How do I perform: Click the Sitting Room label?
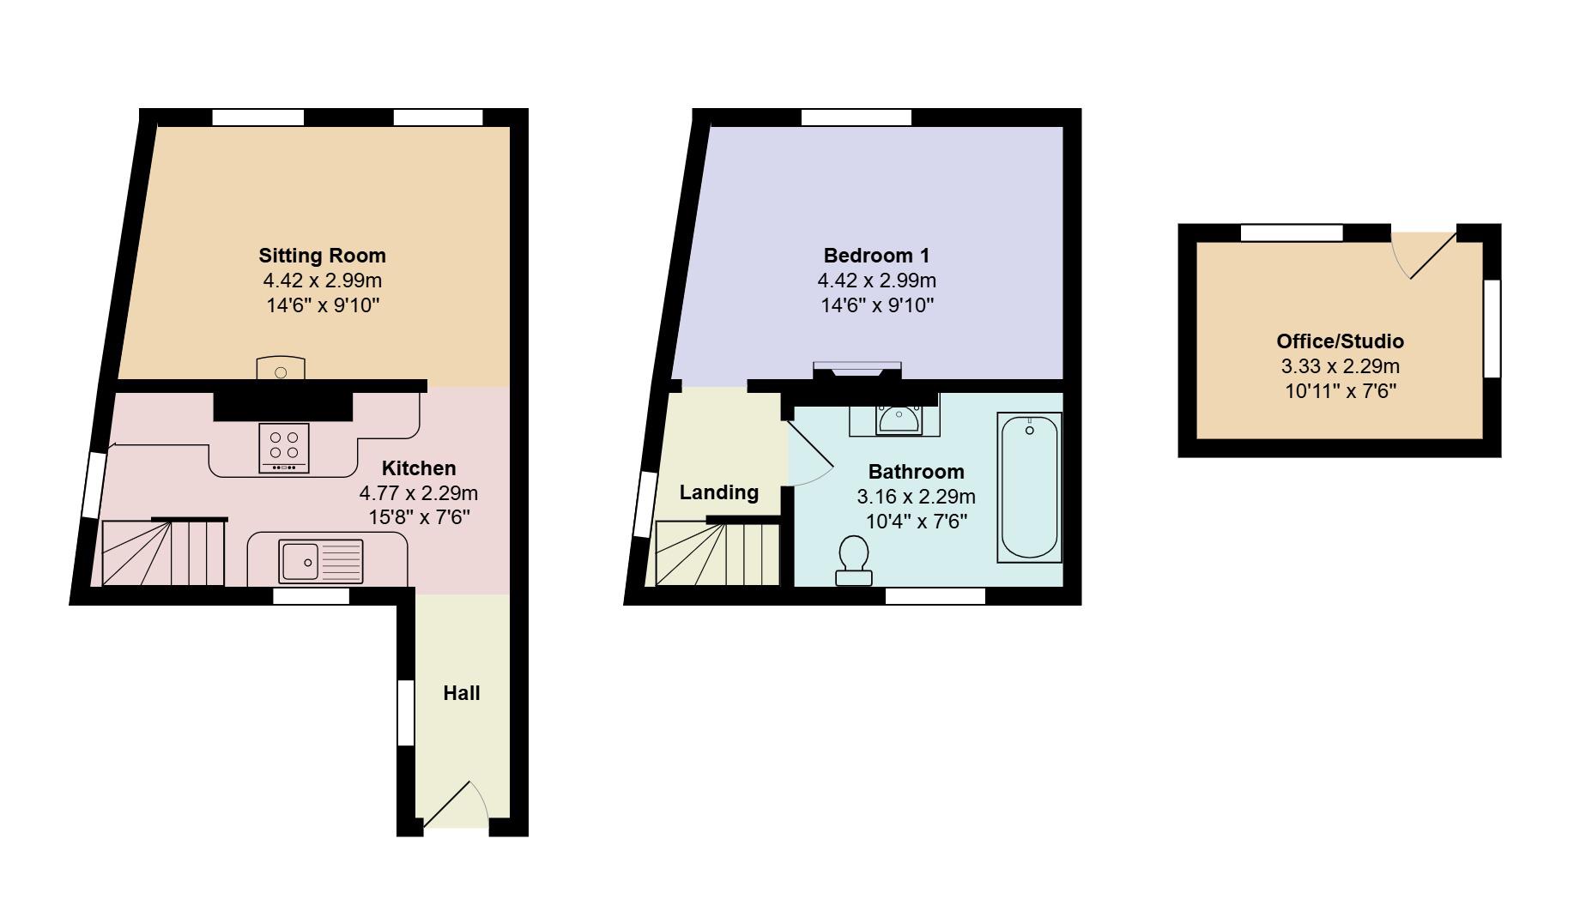(x=322, y=255)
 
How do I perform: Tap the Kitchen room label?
(x=418, y=468)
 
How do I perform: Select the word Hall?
(x=461, y=693)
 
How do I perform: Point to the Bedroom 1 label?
(x=876, y=255)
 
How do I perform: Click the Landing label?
(x=718, y=492)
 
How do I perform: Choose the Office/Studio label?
(x=1340, y=341)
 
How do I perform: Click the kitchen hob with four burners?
(x=284, y=448)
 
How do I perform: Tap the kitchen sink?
(x=320, y=561)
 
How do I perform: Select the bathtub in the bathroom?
(x=1029, y=486)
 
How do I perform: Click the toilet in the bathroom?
(x=854, y=559)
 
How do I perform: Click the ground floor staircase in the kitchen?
(x=163, y=553)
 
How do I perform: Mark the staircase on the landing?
(x=717, y=553)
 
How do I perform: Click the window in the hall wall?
(x=406, y=712)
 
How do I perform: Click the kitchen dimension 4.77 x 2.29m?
(x=418, y=493)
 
